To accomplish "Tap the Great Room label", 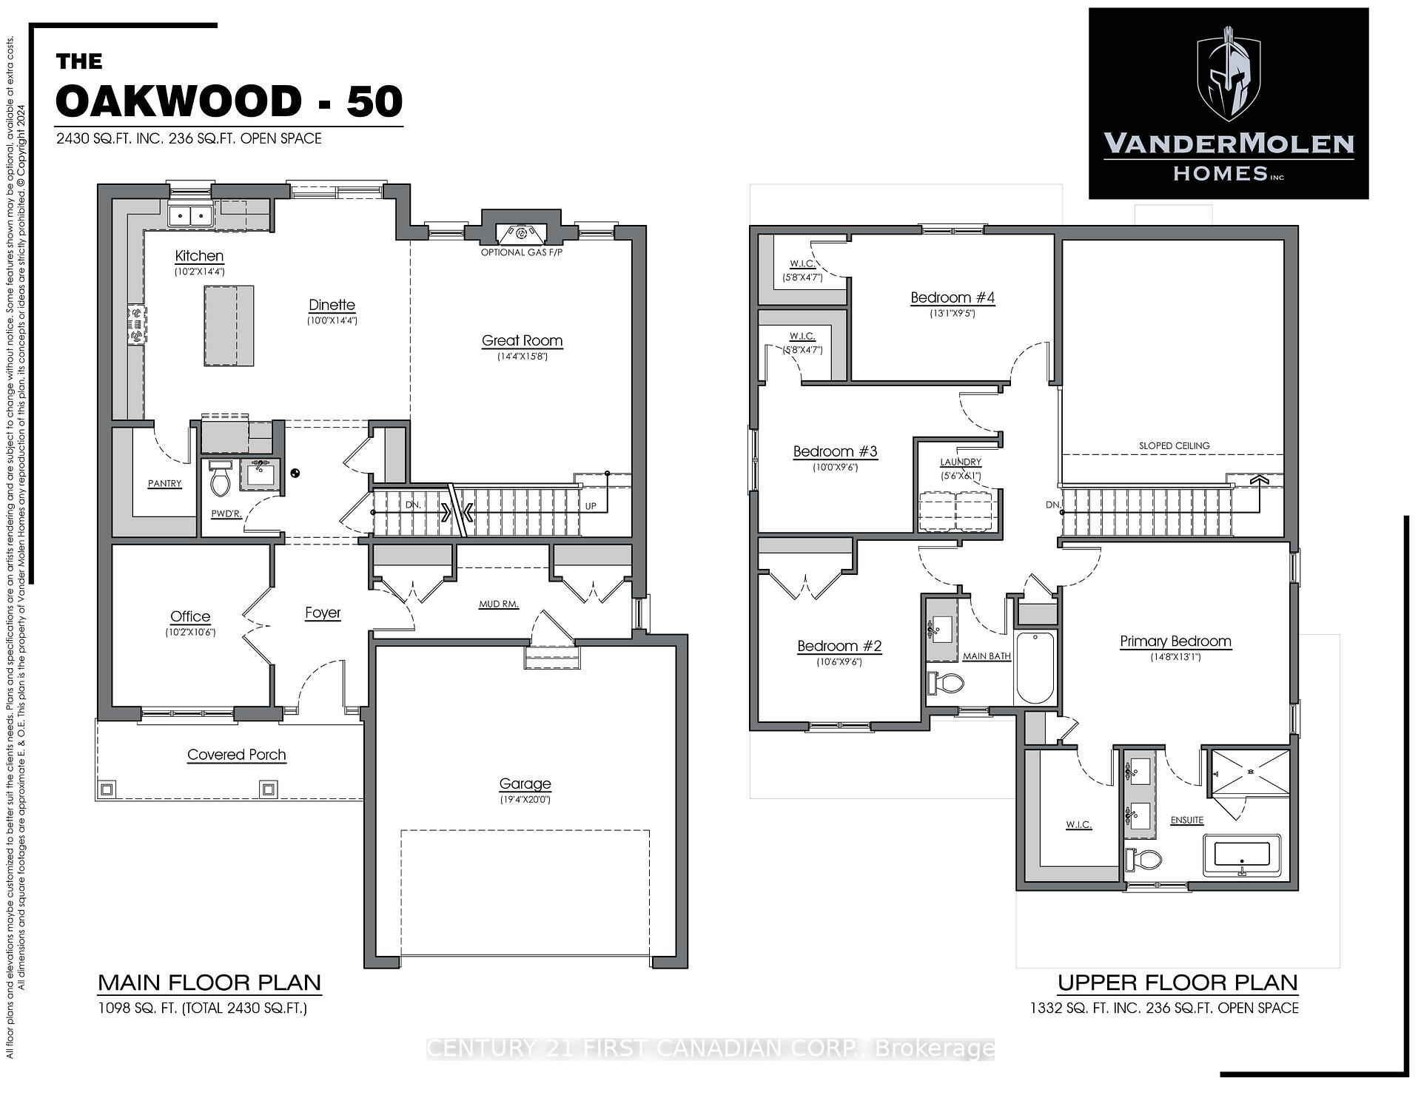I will pos(522,341).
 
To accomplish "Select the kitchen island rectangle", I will pos(229,326).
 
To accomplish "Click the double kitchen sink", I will pos(190,215).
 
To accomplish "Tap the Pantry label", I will pos(164,484).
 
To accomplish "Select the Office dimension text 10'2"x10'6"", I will pos(190,633).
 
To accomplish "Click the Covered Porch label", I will pos(236,755).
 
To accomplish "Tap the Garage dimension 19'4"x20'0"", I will pos(525,799).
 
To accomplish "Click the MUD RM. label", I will pos(498,604).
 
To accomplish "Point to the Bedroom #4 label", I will pos(952,298).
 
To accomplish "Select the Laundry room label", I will pos(960,462).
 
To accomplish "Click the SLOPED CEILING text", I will pos(1174,445).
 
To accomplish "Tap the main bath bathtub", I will pos(1035,668).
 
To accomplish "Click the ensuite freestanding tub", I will pos(1241,856).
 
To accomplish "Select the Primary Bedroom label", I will pos(1175,641).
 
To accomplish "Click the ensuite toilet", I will pos(1143,860).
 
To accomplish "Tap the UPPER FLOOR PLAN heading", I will pos(1177,983).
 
